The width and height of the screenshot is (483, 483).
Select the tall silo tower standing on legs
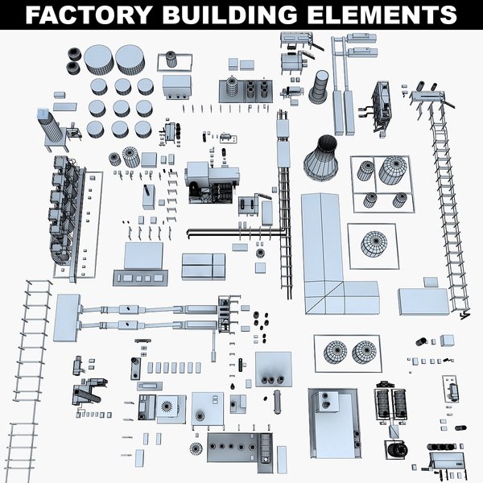48,129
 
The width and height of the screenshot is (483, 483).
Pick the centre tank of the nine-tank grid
122,108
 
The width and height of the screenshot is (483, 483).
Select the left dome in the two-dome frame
335,352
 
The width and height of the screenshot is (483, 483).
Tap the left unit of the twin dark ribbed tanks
383,402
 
